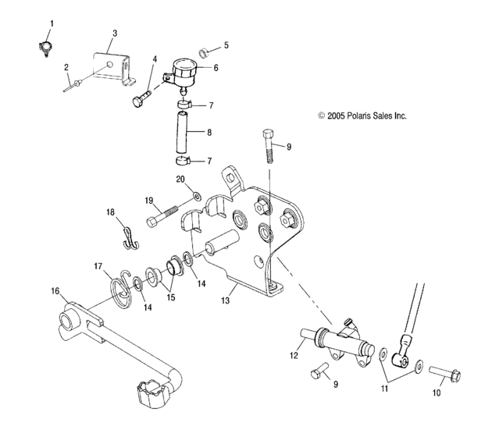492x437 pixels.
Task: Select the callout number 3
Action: pyautogui.click(x=115, y=33)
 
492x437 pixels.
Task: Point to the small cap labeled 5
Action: pyautogui.click(x=202, y=53)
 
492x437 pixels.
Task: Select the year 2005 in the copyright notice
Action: pyautogui.click(x=336, y=115)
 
